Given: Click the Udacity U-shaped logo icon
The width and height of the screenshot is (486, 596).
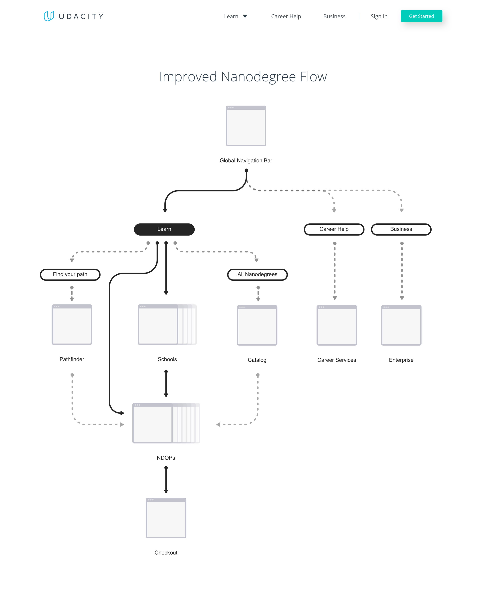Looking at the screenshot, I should click(x=49, y=16).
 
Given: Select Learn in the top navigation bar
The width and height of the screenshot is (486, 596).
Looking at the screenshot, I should click(x=231, y=16).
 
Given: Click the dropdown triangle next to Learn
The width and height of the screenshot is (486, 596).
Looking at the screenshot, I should click(x=245, y=16).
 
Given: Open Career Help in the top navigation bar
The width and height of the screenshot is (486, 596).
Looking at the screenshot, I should click(x=286, y=16).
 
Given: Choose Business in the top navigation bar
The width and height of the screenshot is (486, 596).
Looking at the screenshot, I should click(x=334, y=16).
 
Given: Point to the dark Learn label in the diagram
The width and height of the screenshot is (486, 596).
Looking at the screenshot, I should click(x=164, y=229).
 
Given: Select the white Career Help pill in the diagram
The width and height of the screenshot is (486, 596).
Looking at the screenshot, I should click(x=334, y=229).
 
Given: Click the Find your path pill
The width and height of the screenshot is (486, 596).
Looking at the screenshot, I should click(x=70, y=274).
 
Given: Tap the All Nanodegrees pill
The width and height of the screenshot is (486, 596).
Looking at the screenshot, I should click(x=257, y=274).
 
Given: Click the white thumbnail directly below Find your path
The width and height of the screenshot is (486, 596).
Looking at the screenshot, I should click(x=72, y=326).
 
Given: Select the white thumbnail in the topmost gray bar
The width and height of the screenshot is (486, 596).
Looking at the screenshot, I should click(x=246, y=127).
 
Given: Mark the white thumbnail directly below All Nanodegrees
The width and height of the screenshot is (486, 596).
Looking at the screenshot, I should click(x=257, y=326).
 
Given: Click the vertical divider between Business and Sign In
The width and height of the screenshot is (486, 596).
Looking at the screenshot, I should click(x=359, y=16).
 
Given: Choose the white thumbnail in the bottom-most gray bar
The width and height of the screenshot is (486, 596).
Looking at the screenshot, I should click(x=166, y=519).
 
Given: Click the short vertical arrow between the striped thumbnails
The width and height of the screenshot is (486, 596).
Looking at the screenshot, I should click(x=166, y=384).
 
